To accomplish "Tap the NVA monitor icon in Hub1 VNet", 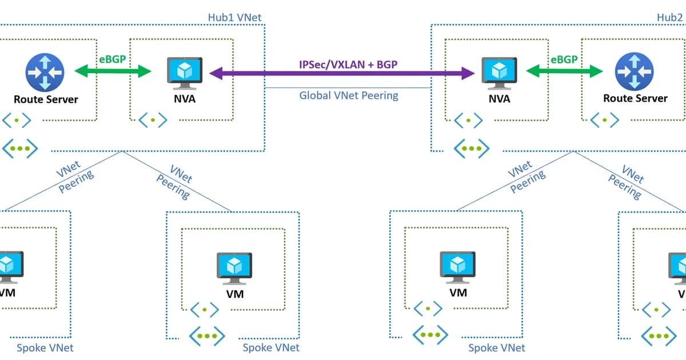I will tap(184, 73).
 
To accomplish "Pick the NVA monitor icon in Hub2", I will tap(498, 73).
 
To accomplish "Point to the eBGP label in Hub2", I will tap(564, 58).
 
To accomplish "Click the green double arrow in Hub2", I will tap(564, 71).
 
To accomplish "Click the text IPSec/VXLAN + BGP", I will tap(348, 64).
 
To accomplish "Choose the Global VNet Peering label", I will tap(349, 95).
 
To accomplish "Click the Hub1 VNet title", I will tap(234, 17).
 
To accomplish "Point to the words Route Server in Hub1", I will tap(46, 99).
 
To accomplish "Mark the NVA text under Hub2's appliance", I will tap(499, 99).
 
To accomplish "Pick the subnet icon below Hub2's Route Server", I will tap(604, 120).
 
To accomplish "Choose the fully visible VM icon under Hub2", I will tap(457, 267).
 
